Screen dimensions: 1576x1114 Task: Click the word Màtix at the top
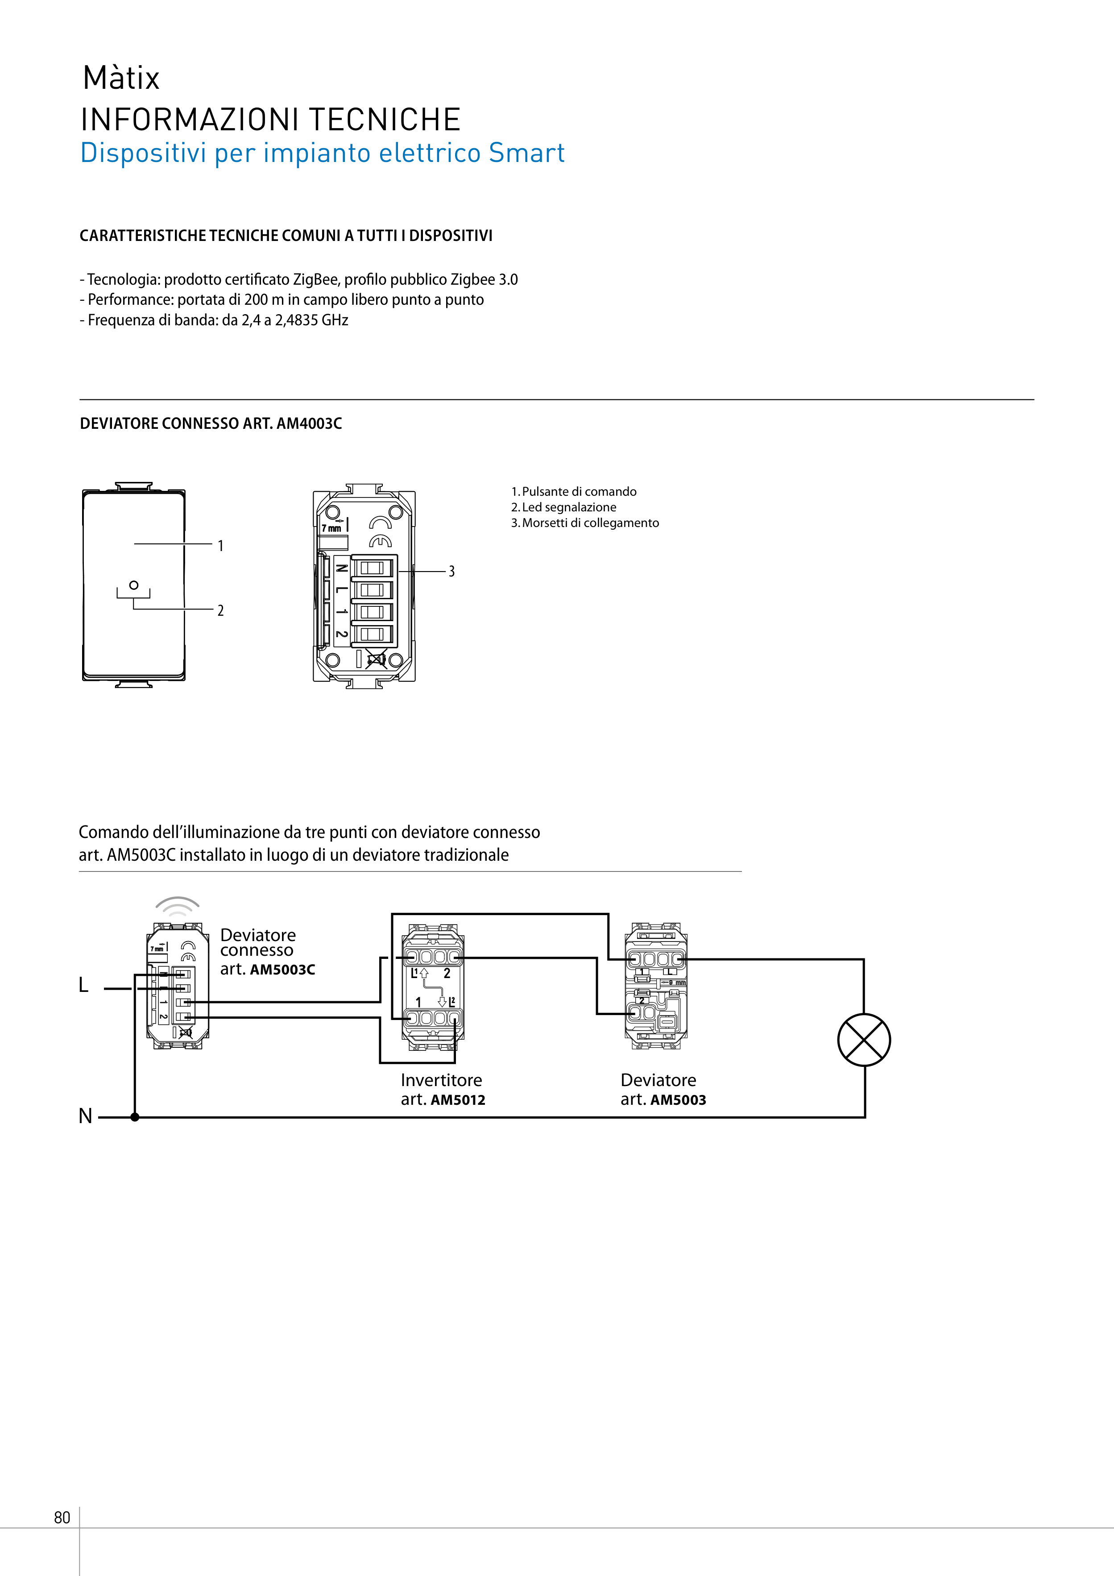[121, 78]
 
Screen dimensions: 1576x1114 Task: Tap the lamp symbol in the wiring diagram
[864, 1040]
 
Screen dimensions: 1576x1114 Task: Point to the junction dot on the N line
[135, 1117]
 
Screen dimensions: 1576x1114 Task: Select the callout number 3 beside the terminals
[451, 571]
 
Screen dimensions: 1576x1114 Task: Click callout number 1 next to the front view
[220, 546]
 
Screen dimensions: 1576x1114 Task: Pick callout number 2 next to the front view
[220, 610]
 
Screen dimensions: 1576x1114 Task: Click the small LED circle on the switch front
[134, 585]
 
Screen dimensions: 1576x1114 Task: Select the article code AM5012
[458, 1099]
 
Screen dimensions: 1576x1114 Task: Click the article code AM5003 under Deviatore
[678, 1099]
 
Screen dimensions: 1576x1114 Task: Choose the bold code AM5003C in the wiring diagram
[282, 969]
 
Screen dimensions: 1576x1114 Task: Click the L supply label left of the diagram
[84, 985]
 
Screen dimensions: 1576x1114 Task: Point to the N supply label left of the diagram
[85, 1116]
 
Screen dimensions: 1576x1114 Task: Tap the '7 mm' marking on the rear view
[331, 529]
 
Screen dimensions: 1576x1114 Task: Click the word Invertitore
[441, 1080]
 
